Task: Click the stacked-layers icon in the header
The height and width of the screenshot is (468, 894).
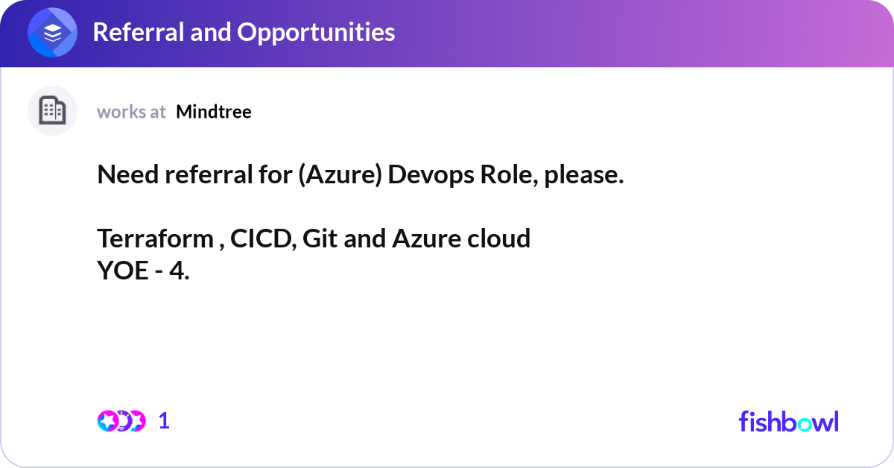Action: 52,33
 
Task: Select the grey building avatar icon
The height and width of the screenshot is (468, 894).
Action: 52,111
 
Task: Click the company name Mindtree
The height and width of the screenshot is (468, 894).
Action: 214,112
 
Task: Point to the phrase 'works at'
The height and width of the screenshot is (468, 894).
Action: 131,112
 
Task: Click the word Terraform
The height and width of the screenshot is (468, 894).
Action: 155,238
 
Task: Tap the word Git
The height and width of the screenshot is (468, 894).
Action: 318,238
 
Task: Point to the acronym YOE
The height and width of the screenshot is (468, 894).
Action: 123,271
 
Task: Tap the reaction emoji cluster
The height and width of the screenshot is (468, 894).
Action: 121,421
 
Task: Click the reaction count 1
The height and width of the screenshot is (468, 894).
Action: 164,421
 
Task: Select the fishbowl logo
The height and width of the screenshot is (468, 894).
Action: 788,421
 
